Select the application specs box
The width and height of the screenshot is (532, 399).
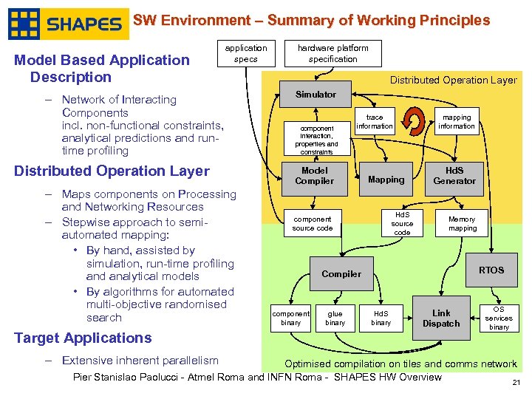[x=246, y=53]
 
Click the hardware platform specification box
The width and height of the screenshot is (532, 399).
[x=332, y=53]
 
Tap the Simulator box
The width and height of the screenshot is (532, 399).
[x=316, y=95]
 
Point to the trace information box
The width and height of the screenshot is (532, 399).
[x=375, y=122]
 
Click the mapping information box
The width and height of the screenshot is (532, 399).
[x=456, y=122]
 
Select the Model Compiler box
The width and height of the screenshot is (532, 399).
[x=315, y=176]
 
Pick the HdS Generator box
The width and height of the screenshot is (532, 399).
[x=454, y=176]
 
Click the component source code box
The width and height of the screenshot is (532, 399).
[x=313, y=223]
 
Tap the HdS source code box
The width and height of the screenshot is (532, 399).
[x=402, y=223]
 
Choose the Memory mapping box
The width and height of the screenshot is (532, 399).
[x=462, y=223]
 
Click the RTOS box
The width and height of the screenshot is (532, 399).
[x=491, y=270]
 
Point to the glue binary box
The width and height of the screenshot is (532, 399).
[x=335, y=318]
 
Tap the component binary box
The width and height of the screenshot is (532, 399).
[x=290, y=318]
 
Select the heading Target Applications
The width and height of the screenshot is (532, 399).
[x=83, y=338]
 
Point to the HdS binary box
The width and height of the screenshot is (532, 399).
[x=381, y=318]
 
